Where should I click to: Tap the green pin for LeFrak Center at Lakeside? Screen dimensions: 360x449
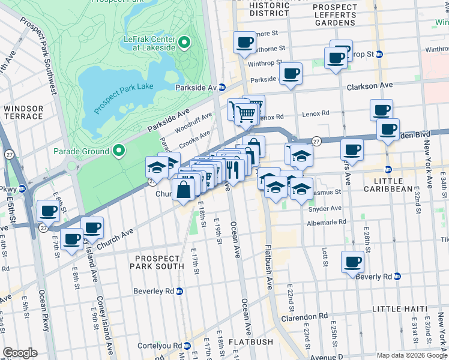pos(184,43)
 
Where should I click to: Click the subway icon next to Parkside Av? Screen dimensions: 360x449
pos(221,88)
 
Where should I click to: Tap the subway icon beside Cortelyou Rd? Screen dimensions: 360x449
pos(187,346)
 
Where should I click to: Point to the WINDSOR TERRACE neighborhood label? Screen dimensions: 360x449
pos(23,113)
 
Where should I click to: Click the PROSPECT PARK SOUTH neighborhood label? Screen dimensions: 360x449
pos(156,262)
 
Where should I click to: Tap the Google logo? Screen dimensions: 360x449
pos(20,353)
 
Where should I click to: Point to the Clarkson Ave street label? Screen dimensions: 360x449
pos(369,86)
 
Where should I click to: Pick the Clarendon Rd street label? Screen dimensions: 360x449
pos(307,315)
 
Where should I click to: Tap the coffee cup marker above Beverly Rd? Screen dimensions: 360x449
pos(352,261)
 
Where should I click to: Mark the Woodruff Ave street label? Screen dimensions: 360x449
pos(193,122)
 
